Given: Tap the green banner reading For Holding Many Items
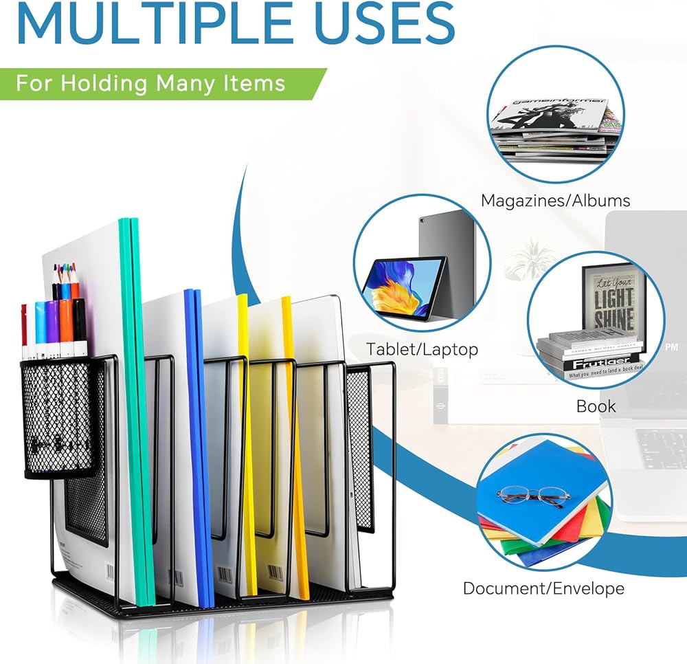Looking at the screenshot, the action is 151,83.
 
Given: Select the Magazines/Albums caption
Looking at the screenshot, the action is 555,201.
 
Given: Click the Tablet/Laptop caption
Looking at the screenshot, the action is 422,349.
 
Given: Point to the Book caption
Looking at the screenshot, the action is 596,406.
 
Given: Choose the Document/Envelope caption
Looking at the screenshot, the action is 543,588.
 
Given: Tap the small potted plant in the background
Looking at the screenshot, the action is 528,258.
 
